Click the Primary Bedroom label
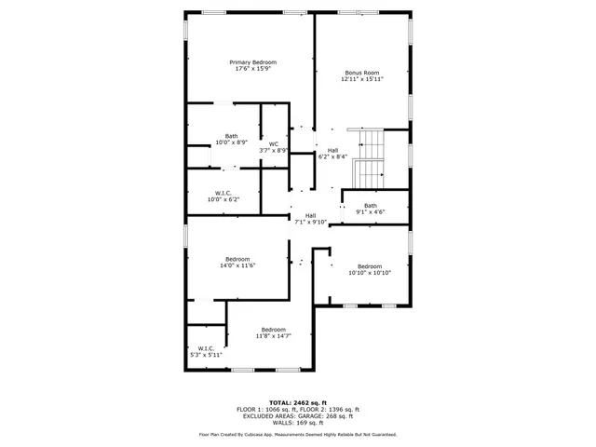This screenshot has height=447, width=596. pyautogui.click(x=253, y=62)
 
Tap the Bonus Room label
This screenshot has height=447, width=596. pyautogui.click(x=362, y=73)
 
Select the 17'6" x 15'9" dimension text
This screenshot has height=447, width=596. pyautogui.click(x=253, y=69)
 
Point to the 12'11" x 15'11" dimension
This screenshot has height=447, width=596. pyautogui.click(x=362, y=79)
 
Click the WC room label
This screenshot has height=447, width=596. pyautogui.click(x=274, y=143)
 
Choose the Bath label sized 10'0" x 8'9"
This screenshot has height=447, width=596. pyautogui.click(x=231, y=136)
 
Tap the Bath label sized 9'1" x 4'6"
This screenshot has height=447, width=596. pyautogui.click(x=371, y=206)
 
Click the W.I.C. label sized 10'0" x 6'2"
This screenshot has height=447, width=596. pyautogui.click(x=223, y=194)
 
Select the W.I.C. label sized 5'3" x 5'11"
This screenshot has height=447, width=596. pyautogui.click(x=206, y=348)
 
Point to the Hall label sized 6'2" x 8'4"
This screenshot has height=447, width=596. pyautogui.click(x=332, y=150)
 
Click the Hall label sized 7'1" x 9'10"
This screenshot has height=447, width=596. pyautogui.click(x=310, y=216)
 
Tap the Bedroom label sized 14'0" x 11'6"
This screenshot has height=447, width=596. pyautogui.click(x=237, y=259)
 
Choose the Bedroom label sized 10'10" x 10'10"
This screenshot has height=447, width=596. pyautogui.click(x=370, y=266)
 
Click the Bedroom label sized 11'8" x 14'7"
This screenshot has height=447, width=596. pyautogui.click(x=273, y=330)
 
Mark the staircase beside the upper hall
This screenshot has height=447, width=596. pyautogui.click(x=370, y=159)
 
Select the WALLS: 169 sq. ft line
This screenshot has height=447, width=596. pyautogui.click(x=298, y=421)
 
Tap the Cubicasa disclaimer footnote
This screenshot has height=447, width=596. pyautogui.click(x=298, y=434)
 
